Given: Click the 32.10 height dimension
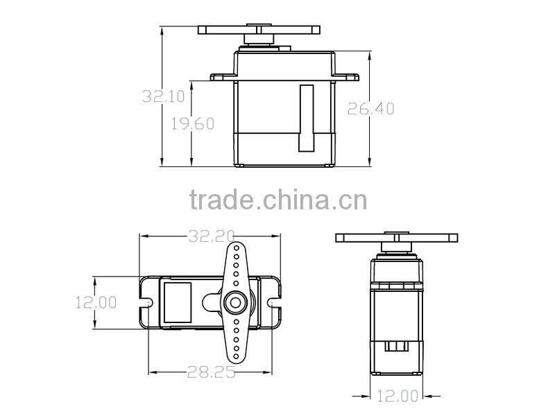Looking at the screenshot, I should click(162, 96).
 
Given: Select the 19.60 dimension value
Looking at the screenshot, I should click(192, 123).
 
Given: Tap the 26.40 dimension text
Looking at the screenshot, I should click(371, 108).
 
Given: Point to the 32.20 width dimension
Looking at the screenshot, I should click(211, 236).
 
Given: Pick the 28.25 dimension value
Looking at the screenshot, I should click(211, 372).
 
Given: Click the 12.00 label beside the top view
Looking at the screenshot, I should click(96, 302).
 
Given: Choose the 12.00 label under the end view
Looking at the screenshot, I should click(398, 396).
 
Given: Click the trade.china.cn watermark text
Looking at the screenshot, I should click(277, 200).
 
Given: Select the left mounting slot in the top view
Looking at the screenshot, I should click(147, 303).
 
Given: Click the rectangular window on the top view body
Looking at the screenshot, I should click(178, 302).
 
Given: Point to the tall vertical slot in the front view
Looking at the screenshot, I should click(306, 117).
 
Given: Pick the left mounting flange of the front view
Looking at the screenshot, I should click(222, 75).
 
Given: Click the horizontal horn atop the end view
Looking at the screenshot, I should click(398, 238).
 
